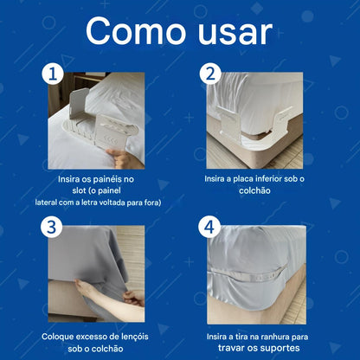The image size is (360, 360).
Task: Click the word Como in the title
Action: coord(136,31)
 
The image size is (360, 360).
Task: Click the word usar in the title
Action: coord(235,32)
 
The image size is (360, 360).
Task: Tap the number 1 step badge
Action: coord(53,74)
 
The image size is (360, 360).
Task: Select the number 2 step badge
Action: coord(210,74)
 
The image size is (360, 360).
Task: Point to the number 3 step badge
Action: coord(52,227)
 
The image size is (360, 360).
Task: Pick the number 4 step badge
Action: coord(209,227)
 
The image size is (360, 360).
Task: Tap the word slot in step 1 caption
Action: coord(80,190)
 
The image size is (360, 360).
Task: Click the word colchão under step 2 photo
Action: coord(254,190)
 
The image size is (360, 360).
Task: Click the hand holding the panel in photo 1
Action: coord(123,158)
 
